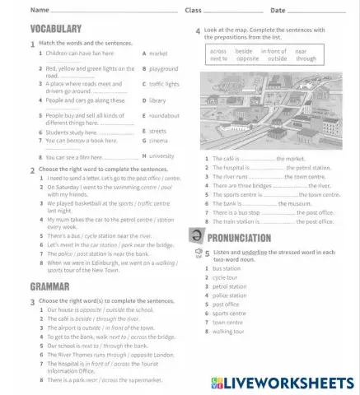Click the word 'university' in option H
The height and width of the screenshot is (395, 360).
tap(162, 156)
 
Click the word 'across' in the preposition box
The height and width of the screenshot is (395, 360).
tap(218, 51)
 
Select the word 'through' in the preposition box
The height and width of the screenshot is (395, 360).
tap(306, 59)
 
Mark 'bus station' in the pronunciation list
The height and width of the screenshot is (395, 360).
tap(227, 268)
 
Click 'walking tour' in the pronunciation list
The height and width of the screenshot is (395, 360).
tap(228, 332)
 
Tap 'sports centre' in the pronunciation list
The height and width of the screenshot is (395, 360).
tap(229, 314)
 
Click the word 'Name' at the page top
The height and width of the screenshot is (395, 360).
tap(39, 11)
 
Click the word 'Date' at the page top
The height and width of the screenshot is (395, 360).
tap(277, 11)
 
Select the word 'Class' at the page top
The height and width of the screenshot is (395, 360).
tap(193, 11)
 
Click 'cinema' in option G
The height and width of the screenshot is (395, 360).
tap(158, 140)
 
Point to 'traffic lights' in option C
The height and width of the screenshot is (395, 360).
tap(164, 84)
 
